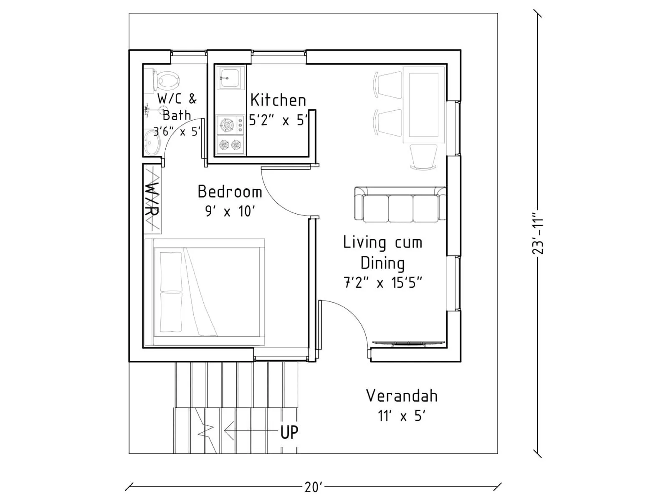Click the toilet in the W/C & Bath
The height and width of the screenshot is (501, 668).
[x=166, y=80]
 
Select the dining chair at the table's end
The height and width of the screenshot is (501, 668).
[x=423, y=157]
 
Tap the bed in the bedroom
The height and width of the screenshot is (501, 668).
[x=205, y=292]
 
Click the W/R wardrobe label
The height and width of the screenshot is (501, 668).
[x=152, y=199]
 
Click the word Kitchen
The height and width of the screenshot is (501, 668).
[x=278, y=100]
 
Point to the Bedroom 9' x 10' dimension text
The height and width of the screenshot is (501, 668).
[x=230, y=211]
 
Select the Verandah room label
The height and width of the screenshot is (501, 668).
[x=402, y=396]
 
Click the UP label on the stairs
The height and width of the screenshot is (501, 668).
[x=289, y=433]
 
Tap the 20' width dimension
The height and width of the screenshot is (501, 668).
[x=313, y=487]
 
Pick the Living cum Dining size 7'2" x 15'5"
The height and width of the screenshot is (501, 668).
[x=382, y=283]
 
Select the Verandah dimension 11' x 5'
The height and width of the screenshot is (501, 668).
[x=402, y=416]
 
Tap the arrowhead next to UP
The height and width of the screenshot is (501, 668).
[x=229, y=430]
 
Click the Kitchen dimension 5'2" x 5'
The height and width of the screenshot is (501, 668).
[x=278, y=121]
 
